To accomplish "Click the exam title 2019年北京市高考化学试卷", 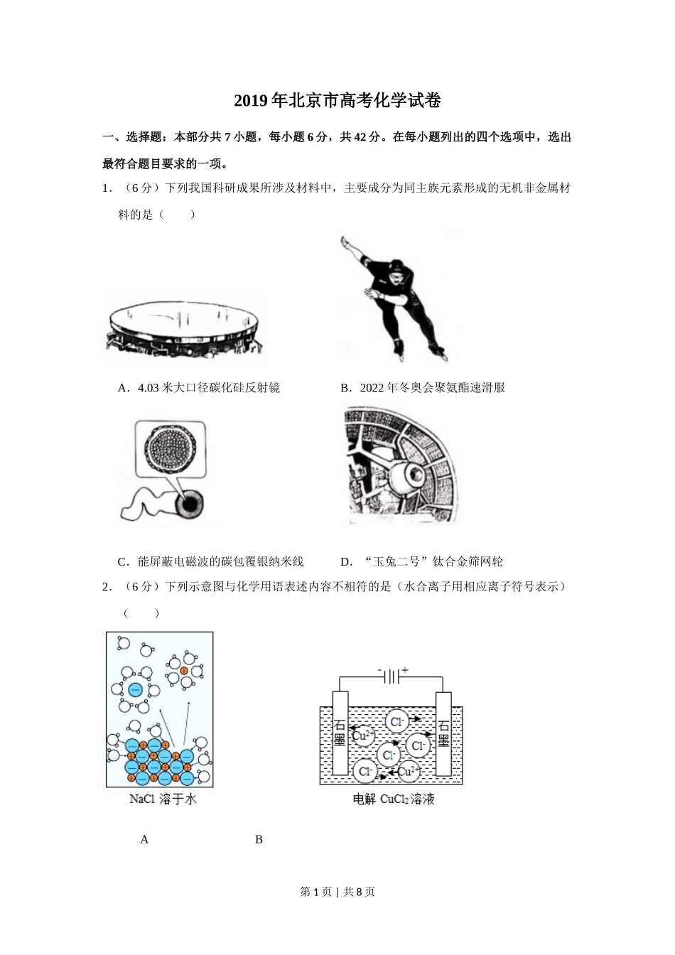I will (x=337, y=102).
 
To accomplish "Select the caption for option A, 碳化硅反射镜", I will (x=199, y=388).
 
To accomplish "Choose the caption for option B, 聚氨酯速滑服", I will (x=423, y=388).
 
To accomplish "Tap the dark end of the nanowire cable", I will (x=190, y=505).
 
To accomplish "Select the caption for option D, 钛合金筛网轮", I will (x=422, y=562).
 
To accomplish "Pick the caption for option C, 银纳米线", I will (x=211, y=562).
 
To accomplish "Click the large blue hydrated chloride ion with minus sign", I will (x=135, y=689).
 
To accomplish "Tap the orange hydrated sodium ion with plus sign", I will (x=184, y=670).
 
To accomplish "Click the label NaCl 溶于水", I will (x=163, y=799).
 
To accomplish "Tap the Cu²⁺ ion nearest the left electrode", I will (x=363, y=735).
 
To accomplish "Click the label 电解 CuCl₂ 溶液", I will (x=394, y=799).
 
